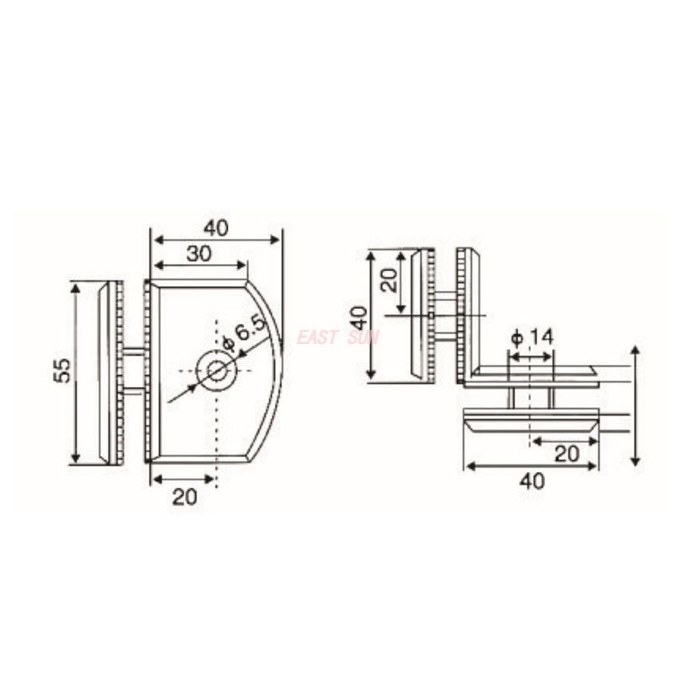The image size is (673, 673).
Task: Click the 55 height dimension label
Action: click(61, 371)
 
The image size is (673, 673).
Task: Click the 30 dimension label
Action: click(199, 253)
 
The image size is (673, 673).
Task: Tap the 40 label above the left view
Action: click(215, 227)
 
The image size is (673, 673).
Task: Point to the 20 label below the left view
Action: click(184, 496)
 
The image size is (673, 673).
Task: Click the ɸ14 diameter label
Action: click(532, 337)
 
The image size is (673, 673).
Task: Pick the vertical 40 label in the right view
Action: click(358, 317)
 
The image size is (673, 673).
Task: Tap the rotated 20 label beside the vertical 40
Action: click(389, 280)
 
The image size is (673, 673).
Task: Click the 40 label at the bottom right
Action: click(531, 481)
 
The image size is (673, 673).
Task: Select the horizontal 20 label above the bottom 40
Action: click(567, 454)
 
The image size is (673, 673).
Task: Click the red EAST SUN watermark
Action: click(337, 337)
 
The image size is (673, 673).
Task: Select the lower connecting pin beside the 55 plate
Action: click(133, 389)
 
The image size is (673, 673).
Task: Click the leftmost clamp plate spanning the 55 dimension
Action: click(104, 373)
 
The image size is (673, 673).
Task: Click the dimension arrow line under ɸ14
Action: click(531, 357)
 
